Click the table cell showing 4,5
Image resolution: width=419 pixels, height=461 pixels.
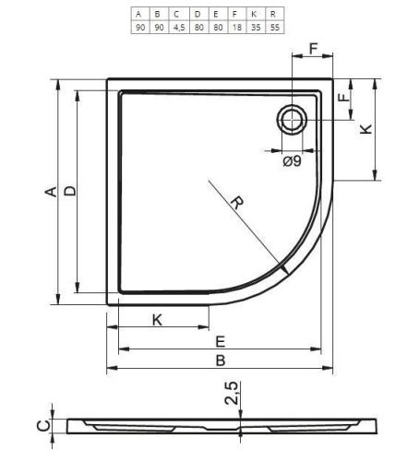[179, 28]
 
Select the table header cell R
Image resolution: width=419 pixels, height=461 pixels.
[273, 14]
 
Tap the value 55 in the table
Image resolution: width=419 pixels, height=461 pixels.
[274, 28]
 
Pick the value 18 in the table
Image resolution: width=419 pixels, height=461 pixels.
[236, 28]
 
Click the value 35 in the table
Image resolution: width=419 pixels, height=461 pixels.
[256, 28]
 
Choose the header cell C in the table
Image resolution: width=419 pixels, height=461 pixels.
[176, 14]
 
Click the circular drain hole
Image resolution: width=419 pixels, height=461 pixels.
[292, 120]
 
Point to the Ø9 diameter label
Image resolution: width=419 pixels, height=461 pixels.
[292, 161]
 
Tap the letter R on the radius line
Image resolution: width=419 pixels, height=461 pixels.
[237, 203]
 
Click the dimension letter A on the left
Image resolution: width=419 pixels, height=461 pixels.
[51, 192]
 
